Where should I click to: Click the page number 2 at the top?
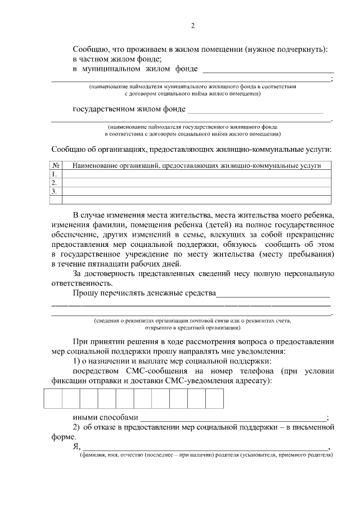pos(192,26)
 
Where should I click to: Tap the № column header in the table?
pos(56,166)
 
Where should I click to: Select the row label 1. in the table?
pos(55,174)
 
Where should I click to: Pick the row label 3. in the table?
pos(55,191)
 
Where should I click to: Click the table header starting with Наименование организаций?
pos(192,166)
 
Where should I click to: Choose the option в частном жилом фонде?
pos(118,58)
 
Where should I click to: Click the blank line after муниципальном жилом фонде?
pos(268,70)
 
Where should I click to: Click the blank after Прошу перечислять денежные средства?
pos(273,294)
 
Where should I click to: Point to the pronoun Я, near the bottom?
pos(76,447)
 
